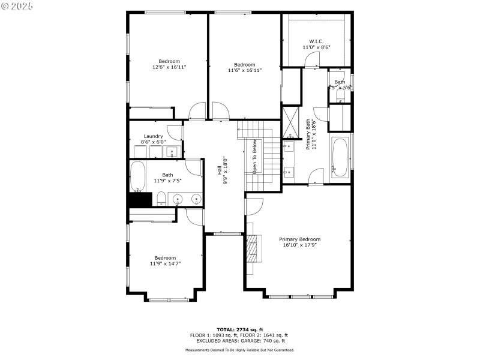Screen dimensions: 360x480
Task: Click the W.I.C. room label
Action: click(316, 41)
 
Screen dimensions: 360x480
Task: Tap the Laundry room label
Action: click(153, 136)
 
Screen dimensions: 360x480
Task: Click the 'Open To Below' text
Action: click(255, 157)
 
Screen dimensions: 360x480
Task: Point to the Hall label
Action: click(220, 171)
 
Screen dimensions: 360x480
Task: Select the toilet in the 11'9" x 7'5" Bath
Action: click(161, 199)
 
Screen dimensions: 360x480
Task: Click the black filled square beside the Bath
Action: click(138, 200)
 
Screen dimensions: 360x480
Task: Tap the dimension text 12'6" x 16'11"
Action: click(169, 67)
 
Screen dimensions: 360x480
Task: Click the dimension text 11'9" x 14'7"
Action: click(165, 263)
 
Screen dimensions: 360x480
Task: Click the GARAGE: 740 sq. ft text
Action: click(259, 340)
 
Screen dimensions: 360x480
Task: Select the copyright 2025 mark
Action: click(17, 6)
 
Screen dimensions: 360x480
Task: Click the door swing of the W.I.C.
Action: click(311, 59)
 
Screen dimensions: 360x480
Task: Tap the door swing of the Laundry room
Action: click(175, 132)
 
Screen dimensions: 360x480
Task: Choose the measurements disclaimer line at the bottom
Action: click(239, 350)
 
